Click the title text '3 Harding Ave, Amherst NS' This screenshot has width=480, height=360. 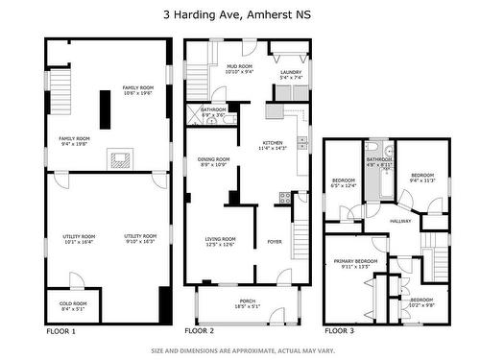coord(240,14)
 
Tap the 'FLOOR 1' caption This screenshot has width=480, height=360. coord(60,330)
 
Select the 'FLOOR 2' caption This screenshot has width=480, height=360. coord(199,330)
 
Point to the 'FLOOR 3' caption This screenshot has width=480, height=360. coord(338,330)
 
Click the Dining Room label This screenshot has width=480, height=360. coord(213,162)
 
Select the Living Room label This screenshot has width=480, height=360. coord(220,241)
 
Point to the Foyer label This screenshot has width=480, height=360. coord(275,241)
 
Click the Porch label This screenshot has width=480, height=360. coord(247,304)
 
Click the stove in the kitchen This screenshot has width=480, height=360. coord(283,199)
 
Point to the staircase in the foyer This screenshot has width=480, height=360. coord(301,230)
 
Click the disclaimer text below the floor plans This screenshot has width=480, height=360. coord(240,350)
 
